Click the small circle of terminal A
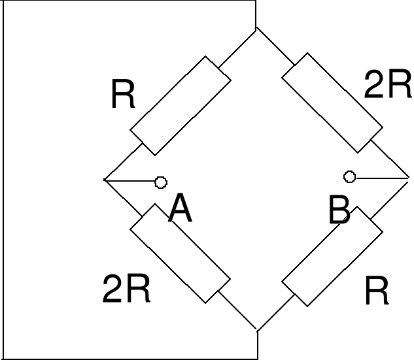click(161, 182)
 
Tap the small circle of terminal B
click(350, 176)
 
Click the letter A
click(181, 209)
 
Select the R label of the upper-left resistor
click(123, 95)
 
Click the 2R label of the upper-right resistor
click(388, 85)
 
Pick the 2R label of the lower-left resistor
click(127, 289)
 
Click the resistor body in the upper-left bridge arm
click(181, 105)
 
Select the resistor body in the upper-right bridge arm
click(332, 102)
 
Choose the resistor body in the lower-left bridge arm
click(181, 254)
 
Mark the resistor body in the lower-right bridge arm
click(332, 256)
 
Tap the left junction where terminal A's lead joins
click(104, 179)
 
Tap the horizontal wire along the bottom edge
click(131, 359)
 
